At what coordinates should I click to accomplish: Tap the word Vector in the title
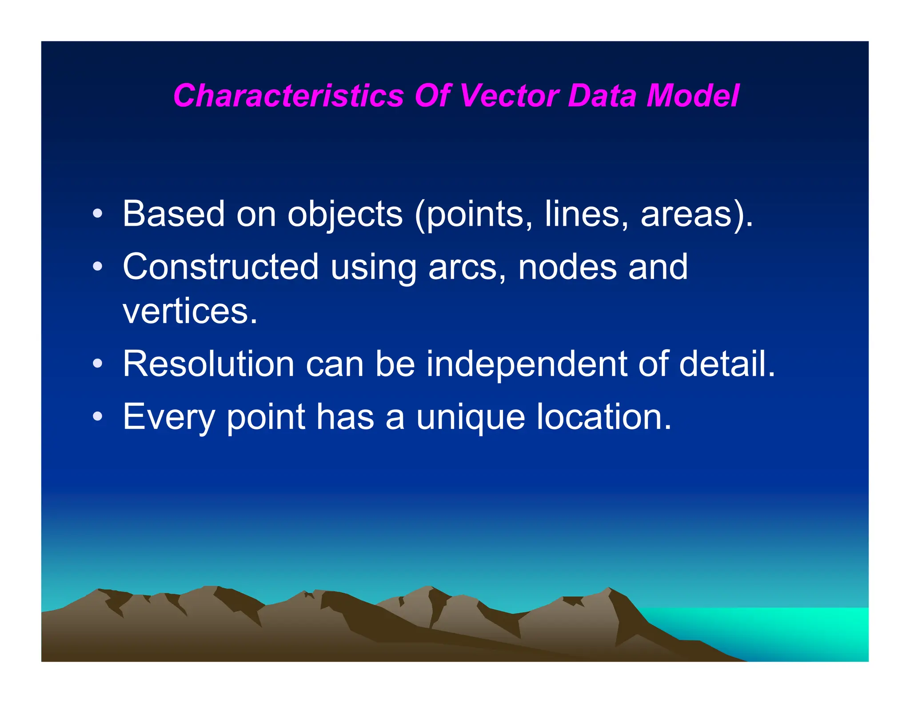(508, 96)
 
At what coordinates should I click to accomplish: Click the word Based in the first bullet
(173, 214)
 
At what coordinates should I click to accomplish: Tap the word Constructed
(220, 267)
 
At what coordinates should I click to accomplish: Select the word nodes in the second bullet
(567, 267)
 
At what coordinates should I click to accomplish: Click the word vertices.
(190, 311)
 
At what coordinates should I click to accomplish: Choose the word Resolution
(208, 364)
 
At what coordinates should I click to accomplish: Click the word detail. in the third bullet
(727, 364)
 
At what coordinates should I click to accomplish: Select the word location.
(604, 417)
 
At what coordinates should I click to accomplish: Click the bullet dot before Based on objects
(98, 214)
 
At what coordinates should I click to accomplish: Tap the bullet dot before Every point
(98, 417)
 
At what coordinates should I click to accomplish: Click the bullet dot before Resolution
(98, 364)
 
